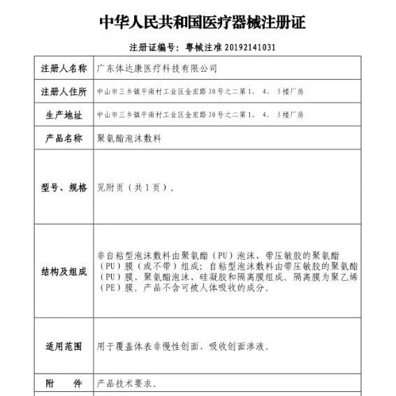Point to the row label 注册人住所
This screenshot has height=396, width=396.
point(64,91)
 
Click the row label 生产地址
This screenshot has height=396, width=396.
point(64,115)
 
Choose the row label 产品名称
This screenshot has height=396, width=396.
point(64,138)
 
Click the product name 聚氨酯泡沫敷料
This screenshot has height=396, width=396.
point(129,138)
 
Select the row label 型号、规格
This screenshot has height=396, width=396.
point(64,187)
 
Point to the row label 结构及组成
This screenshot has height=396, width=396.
point(64,271)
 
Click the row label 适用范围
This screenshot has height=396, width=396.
point(64,346)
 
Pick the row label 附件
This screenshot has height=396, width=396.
point(64,383)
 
